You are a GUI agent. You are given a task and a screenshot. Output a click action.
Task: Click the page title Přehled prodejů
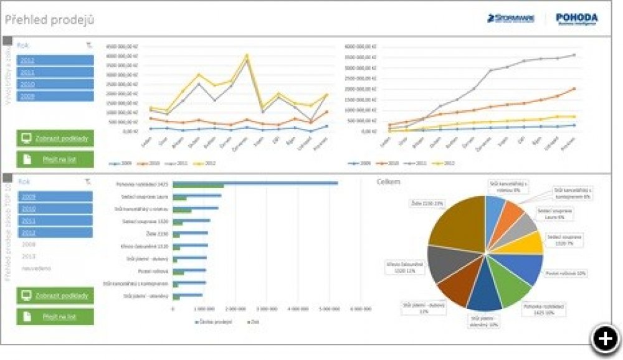(x=50, y=21)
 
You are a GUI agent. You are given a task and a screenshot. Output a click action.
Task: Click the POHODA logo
(x=576, y=19)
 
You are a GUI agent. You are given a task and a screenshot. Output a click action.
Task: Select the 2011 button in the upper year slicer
(x=55, y=72)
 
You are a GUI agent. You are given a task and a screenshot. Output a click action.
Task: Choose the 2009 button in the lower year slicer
(x=55, y=197)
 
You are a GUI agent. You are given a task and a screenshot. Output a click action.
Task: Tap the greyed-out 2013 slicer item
(x=28, y=256)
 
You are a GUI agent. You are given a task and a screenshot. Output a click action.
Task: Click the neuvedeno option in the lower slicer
(x=36, y=268)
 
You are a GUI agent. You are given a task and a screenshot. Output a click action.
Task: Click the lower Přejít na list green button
(x=55, y=316)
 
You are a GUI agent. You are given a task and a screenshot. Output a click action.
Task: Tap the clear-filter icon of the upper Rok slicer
(x=88, y=45)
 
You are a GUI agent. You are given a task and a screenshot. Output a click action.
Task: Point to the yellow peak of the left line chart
(x=247, y=55)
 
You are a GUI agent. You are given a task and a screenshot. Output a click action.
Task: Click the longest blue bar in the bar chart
(x=255, y=183)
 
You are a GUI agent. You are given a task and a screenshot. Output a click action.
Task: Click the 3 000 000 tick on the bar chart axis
(x=266, y=308)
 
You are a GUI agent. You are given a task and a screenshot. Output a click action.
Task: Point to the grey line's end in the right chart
(x=574, y=55)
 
